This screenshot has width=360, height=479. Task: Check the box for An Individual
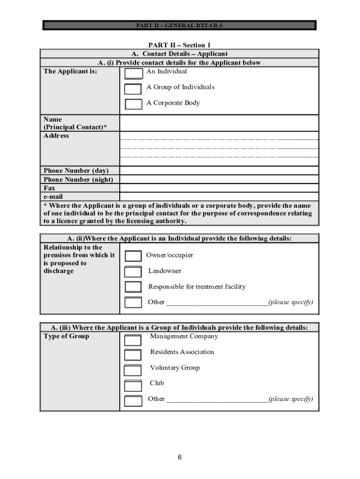134,74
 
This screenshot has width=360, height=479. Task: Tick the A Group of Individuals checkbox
134,89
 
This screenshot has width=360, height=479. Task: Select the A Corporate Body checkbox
134,104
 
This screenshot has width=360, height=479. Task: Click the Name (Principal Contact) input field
219,123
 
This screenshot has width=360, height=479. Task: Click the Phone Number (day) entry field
219,171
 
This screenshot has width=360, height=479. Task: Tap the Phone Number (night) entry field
219,180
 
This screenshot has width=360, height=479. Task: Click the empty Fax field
219,188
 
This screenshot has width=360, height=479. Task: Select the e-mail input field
219,197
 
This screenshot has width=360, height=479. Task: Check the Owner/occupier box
134,256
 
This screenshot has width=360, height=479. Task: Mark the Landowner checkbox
134,272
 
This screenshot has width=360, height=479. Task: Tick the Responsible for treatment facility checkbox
134,287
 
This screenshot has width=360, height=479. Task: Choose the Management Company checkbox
133,340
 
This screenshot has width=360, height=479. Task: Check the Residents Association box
133,355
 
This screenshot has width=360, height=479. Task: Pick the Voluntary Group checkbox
133,370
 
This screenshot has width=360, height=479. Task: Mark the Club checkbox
133,386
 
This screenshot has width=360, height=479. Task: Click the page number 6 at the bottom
180,457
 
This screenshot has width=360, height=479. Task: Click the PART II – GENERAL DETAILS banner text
180,26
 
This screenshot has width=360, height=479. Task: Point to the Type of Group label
66,336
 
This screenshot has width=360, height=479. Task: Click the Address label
56,136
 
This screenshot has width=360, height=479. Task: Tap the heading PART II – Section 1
180,45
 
